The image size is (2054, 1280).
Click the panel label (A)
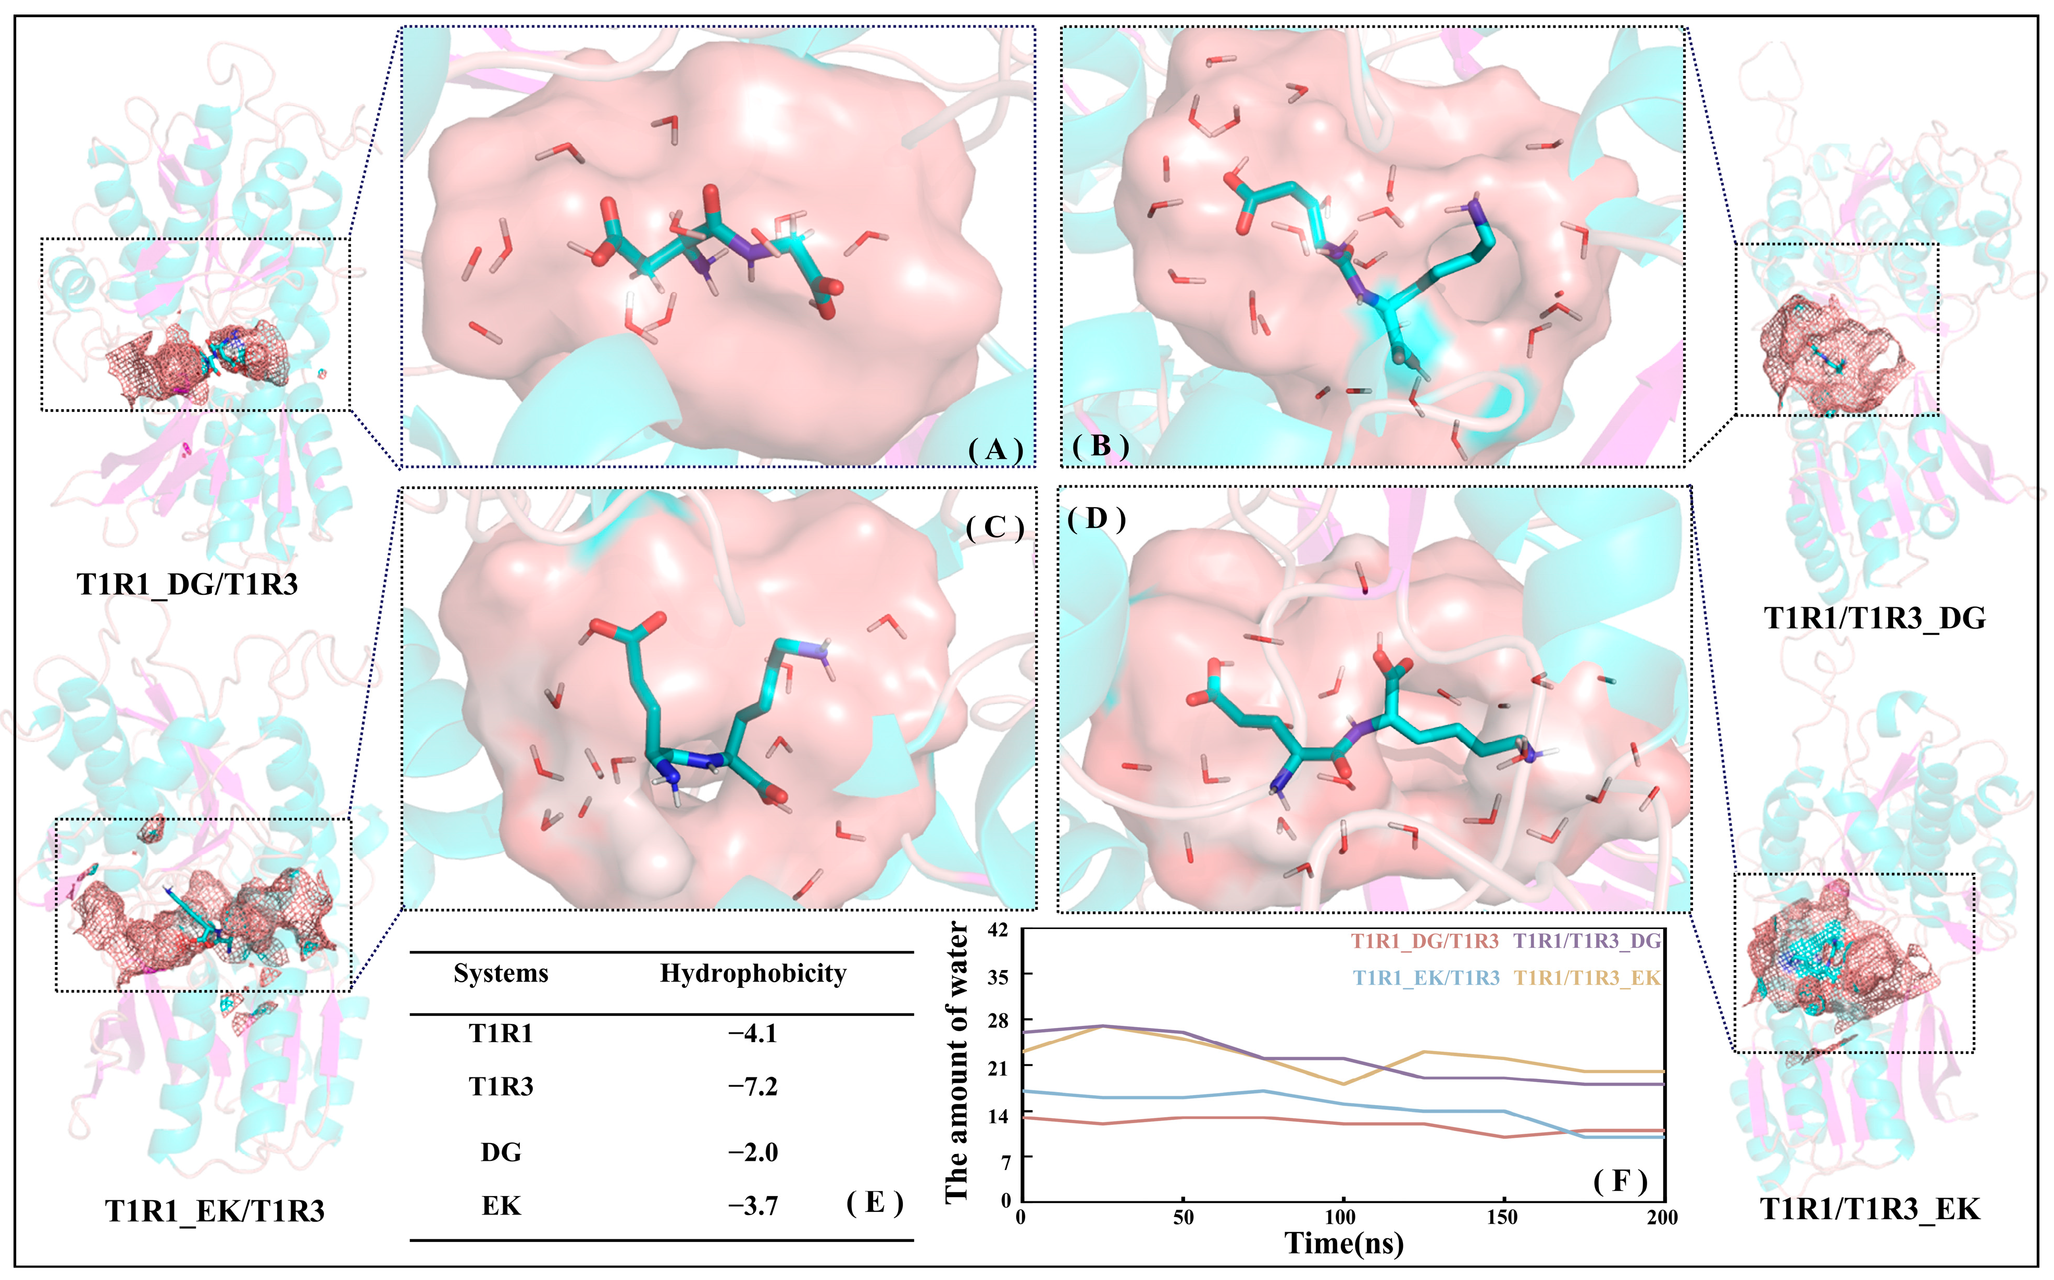[995, 449]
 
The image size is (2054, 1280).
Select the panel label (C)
[995, 528]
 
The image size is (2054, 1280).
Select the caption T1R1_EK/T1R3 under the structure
[215, 1211]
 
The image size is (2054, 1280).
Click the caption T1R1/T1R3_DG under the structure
[1874, 618]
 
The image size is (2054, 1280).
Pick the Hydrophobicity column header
[753, 974]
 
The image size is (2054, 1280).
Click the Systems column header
[501, 974]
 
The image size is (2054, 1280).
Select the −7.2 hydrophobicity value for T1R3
[753, 1086]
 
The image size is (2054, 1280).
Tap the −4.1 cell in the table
[753, 1034]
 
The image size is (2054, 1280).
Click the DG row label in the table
[501, 1152]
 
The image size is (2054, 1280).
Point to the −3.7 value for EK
[753, 1206]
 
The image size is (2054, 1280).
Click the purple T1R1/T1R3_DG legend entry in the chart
[1587, 940]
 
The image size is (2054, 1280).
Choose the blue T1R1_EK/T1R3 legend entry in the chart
[1427, 978]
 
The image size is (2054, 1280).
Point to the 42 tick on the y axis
[999, 931]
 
